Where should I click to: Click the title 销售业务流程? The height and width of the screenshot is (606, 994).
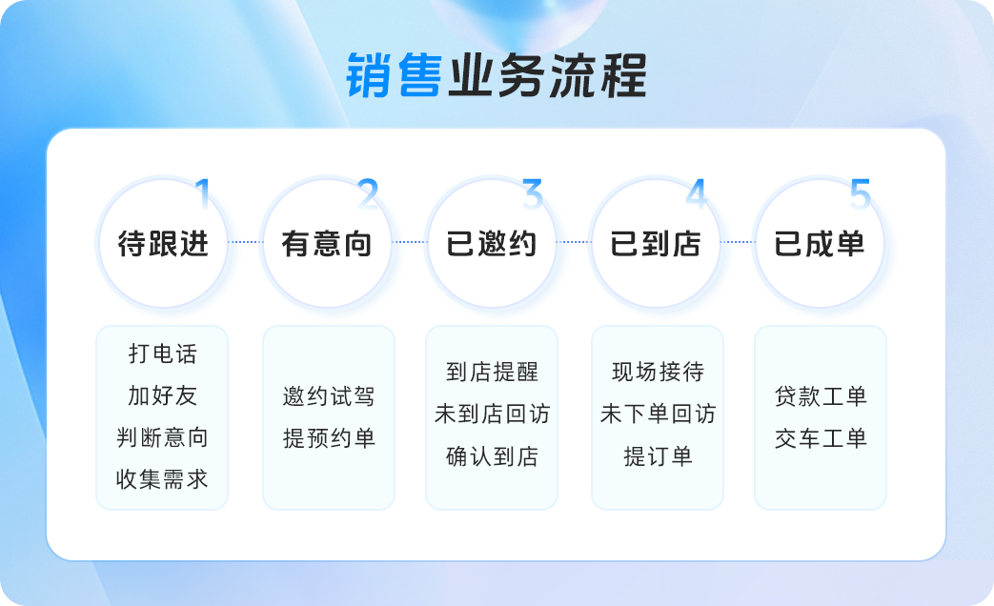point(497,75)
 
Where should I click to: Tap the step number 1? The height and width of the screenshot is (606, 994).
point(203,193)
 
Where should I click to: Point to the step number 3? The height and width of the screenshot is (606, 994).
point(533,194)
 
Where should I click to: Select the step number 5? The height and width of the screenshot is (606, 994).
point(861,194)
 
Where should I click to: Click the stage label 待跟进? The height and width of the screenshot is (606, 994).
point(164,243)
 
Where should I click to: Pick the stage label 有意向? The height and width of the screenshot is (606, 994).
point(327,243)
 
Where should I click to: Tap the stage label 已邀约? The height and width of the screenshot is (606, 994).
point(492,243)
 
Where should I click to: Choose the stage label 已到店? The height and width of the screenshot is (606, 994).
point(656,243)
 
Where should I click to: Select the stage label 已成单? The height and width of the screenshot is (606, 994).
point(819,243)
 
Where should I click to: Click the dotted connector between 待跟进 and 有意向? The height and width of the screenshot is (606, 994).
point(245,241)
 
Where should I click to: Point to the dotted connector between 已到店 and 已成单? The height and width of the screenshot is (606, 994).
point(738,241)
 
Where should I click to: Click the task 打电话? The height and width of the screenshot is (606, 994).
point(163,353)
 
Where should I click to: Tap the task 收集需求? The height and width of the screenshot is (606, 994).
point(162,479)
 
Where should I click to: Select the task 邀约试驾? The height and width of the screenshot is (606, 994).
point(329,396)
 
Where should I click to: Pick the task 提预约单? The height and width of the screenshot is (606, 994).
point(329,438)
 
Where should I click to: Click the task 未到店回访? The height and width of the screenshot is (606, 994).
point(492,414)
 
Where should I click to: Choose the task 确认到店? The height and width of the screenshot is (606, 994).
point(493,456)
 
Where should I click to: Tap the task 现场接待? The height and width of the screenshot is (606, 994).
point(658,372)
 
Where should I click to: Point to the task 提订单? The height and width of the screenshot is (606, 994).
point(658,456)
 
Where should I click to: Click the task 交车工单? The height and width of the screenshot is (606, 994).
point(821,438)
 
